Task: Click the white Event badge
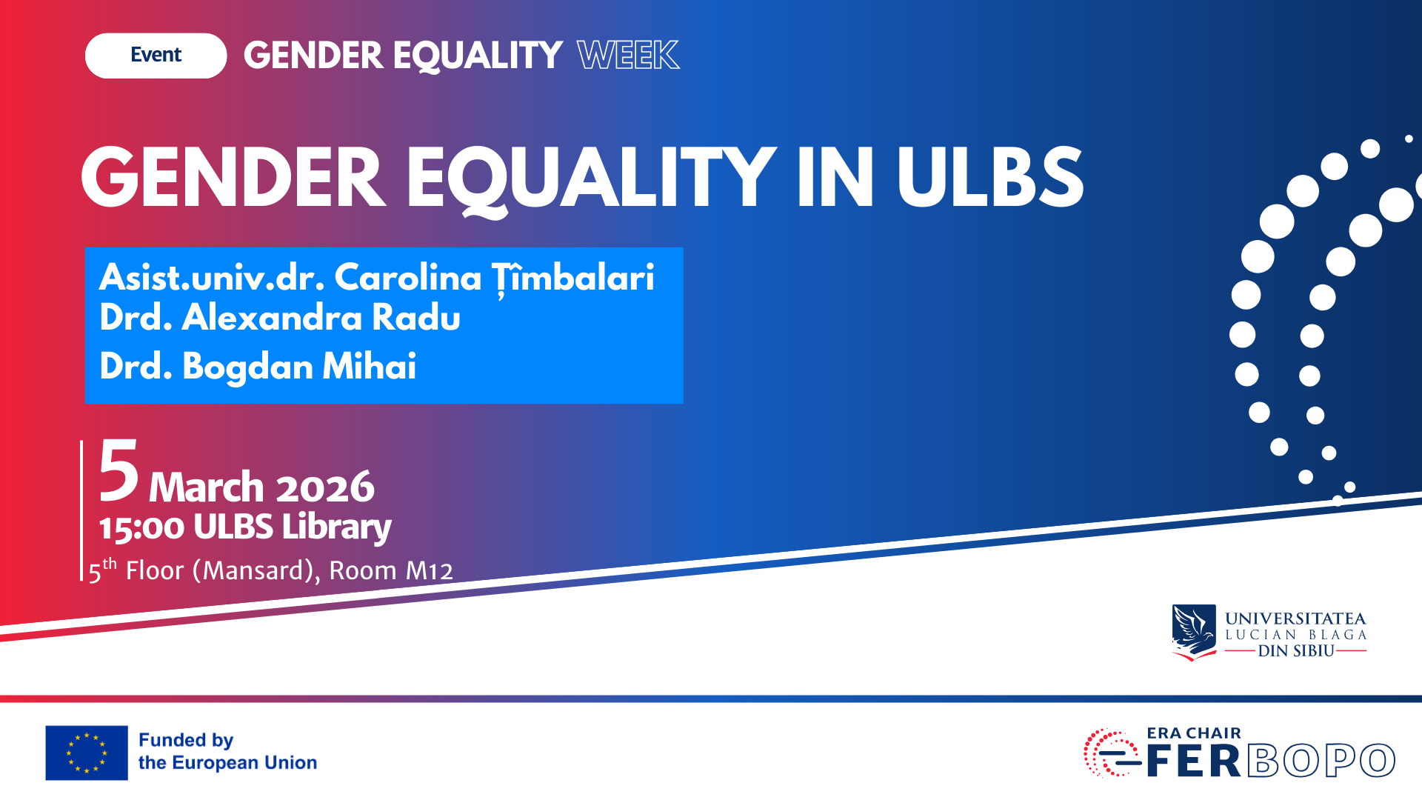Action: point(156,56)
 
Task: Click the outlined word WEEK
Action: point(628,56)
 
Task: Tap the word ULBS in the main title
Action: point(989,178)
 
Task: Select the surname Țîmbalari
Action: point(573,278)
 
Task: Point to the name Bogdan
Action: point(247,367)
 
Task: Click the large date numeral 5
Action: point(118,471)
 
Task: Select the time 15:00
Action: point(141,528)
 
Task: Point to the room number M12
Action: point(429,571)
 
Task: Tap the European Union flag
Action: point(87,753)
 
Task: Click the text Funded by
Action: point(186,740)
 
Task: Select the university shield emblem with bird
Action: point(1193,632)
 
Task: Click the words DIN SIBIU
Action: point(1295,651)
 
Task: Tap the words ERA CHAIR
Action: point(1194,733)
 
